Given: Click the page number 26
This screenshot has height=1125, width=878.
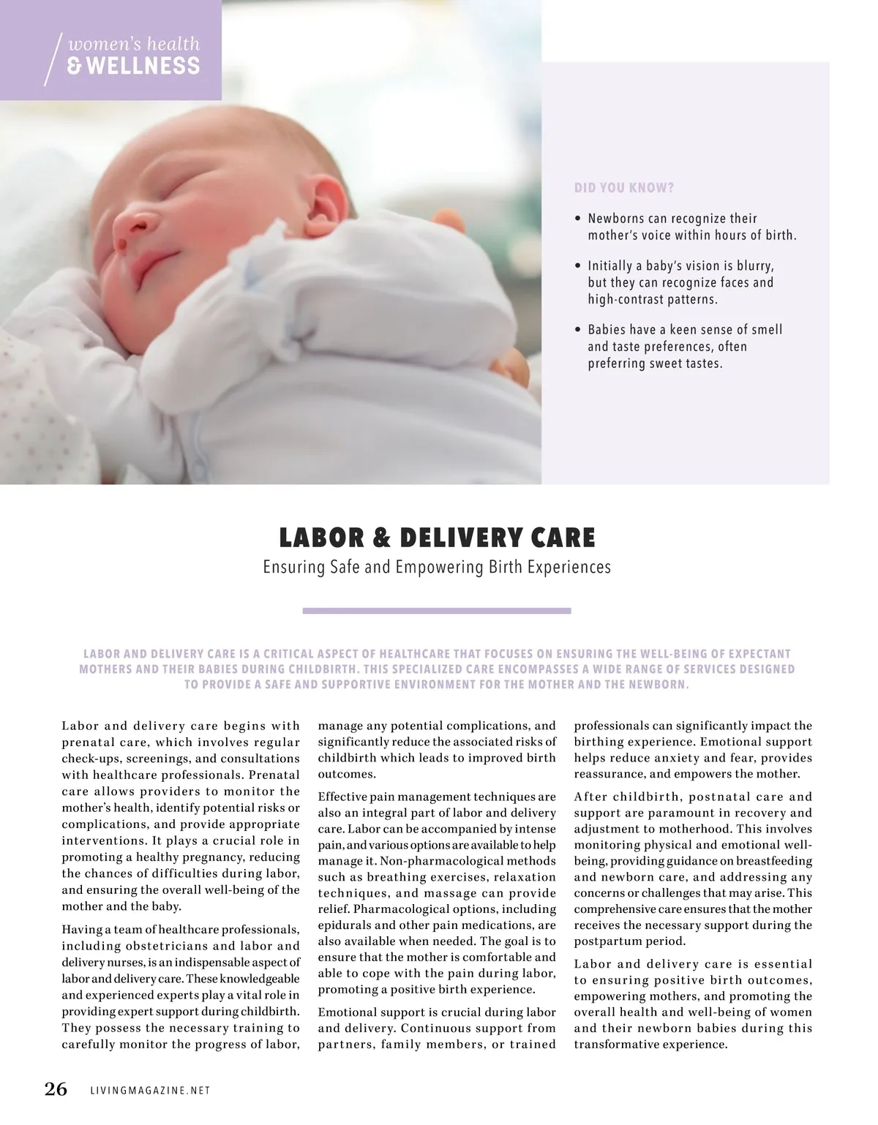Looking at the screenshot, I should pos(56,1089).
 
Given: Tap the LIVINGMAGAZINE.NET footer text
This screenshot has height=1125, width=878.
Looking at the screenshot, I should pos(150,1091).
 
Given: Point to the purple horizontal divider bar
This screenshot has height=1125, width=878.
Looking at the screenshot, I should pos(437,611).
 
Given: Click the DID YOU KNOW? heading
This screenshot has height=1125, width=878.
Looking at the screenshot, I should pos(624,188).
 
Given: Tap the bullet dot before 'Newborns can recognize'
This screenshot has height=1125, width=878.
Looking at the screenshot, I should pos(578,219).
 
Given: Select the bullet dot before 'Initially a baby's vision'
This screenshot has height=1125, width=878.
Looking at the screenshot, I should pos(578,266).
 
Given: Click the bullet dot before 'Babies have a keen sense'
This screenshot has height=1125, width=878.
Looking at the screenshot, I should pos(578,331).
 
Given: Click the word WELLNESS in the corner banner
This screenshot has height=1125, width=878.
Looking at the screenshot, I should pos(133,67).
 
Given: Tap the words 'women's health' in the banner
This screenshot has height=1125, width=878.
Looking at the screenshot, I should pos(133,44).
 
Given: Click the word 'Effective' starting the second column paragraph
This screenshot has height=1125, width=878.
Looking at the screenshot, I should pos(342,797).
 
